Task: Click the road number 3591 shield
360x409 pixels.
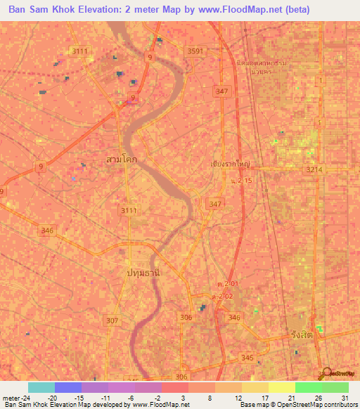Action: [x=195, y=51]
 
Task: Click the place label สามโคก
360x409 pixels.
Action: [x=121, y=160]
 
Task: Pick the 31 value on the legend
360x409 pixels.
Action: [x=345, y=397]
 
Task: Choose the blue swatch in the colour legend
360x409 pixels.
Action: [x=67, y=387]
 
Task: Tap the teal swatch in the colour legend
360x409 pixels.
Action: [x=41, y=387]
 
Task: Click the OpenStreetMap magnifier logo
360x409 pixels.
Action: [x=324, y=372]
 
